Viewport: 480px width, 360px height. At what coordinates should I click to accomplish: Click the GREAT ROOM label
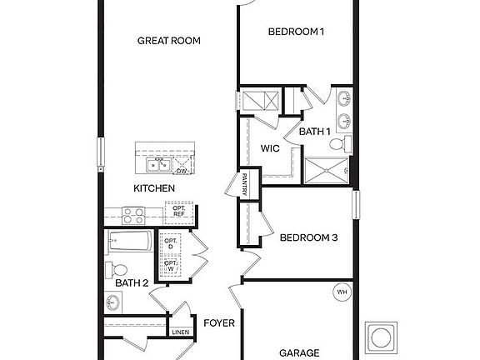(x=169, y=40)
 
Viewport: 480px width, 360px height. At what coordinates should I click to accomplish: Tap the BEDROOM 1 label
(x=296, y=32)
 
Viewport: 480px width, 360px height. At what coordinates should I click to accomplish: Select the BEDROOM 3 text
(x=308, y=237)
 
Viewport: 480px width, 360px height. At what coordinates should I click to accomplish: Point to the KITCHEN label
(x=154, y=188)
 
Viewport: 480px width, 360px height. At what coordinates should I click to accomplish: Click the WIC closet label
(x=269, y=148)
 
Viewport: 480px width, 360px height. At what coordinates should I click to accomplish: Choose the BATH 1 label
(x=315, y=132)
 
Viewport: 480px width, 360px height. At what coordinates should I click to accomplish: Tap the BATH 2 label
(x=132, y=283)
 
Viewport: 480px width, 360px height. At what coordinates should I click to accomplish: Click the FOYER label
(x=219, y=322)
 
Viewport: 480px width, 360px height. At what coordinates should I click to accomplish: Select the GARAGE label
(x=298, y=352)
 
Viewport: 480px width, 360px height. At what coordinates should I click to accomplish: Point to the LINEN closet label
(x=180, y=332)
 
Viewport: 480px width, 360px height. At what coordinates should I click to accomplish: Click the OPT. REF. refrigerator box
(x=178, y=212)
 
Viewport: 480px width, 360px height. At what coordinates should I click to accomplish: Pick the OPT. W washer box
(x=170, y=267)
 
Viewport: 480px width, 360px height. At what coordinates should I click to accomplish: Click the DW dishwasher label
(x=181, y=171)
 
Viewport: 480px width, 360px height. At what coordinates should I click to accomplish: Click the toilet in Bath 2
(x=117, y=269)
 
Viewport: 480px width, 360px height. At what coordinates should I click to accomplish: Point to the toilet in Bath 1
(x=337, y=144)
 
